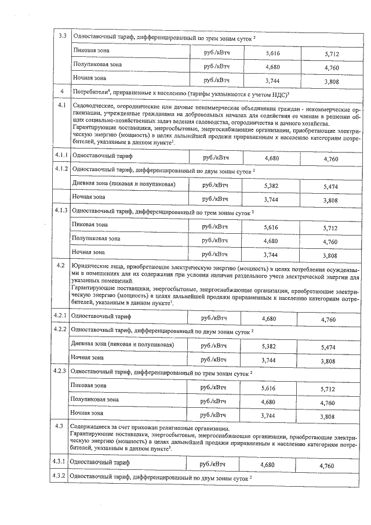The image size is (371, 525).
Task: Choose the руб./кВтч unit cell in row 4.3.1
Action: click(213, 464)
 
